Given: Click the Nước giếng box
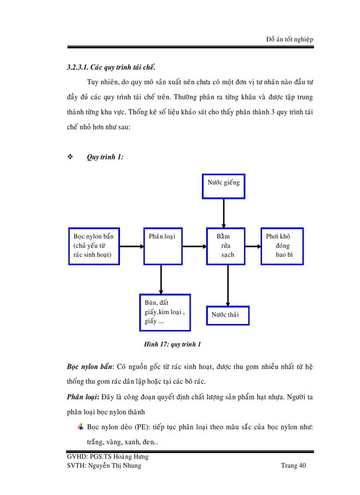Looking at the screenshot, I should click(x=223, y=186).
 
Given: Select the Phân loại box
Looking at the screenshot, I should click(x=163, y=246).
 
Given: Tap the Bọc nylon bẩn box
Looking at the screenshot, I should click(x=94, y=246).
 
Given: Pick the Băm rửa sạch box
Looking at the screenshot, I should click(x=226, y=246).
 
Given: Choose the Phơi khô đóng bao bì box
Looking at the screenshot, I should click(x=282, y=246).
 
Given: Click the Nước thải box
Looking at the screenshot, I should click(x=228, y=315).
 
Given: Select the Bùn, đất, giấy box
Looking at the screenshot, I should click(x=165, y=312).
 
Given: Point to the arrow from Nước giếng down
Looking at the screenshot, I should click(x=224, y=213).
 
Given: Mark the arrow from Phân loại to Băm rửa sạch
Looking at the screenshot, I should click(x=195, y=246).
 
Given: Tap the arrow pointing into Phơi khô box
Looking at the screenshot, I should click(x=253, y=246).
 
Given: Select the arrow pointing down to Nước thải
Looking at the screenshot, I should click(x=228, y=285).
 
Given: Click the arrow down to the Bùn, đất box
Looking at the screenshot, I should click(x=161, y=279).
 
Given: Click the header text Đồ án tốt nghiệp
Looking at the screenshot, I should click(x=289, y=39).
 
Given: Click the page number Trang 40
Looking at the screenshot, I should click(x=293, y=465).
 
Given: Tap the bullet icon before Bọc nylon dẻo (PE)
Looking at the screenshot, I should click(x=80, y=427).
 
